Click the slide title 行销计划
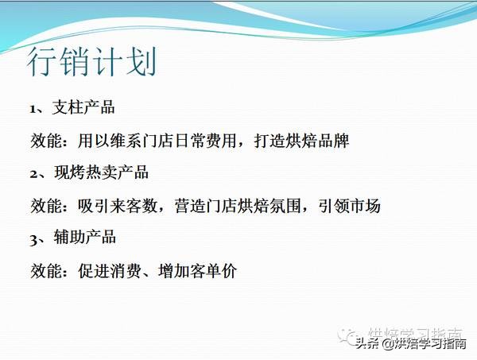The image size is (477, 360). [x=91, y=63]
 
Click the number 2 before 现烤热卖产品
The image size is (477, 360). [x=33, y=172]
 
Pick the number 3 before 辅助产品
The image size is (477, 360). [x=33, y=238]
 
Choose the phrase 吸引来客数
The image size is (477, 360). [x=119, y=206]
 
